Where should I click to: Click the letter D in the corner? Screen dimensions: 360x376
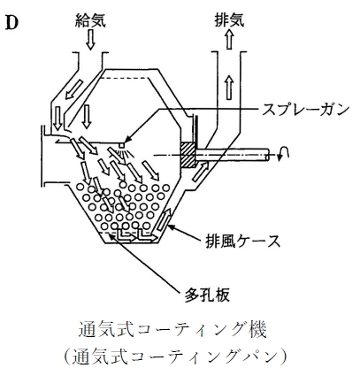(11, 22)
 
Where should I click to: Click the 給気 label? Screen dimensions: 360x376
(90, 20)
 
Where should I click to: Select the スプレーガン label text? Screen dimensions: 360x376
(305, 110)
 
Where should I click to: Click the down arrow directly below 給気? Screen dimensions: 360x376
(91, 41)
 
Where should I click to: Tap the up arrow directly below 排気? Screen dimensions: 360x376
(230, 40)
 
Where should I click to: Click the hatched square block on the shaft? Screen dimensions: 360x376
(188, 155)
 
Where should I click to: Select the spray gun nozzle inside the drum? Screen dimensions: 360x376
(122, 146)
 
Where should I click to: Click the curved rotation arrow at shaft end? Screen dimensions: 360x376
(283, 153)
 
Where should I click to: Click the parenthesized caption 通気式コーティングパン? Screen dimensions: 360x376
(174, 357)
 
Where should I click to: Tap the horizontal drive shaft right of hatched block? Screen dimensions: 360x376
(232, 155)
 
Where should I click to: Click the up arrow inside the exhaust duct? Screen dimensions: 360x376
(229, 88)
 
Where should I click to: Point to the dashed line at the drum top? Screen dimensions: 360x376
(124, 78)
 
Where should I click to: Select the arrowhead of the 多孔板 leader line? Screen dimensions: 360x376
(111, 235)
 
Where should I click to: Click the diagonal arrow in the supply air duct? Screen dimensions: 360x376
(73, 89)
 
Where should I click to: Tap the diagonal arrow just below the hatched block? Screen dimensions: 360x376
(201, 172)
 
